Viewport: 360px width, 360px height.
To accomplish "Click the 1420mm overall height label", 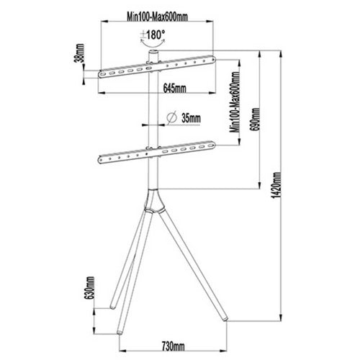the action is [276, 185].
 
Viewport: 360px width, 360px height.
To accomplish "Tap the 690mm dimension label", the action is [255, 120].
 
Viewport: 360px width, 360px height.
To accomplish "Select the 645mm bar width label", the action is [174, 88].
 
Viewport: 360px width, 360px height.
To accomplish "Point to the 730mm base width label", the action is [173, 346].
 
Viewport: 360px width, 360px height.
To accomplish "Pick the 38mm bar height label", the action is [80, 53].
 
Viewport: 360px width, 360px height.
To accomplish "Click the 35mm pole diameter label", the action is [191, 118].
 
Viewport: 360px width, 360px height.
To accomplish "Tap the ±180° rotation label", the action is [153, 35].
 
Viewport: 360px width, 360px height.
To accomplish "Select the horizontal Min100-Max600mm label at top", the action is [157, 17].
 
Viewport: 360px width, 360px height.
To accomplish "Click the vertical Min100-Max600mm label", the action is [235, 102].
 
